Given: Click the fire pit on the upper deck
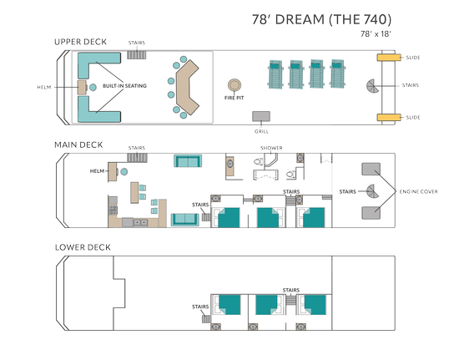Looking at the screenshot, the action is click(x=235, y=85).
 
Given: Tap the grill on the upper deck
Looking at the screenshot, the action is click(x=261, y=116).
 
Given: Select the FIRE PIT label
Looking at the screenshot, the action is click(x=235, y=98).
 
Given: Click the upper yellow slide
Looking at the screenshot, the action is click(x=389, y=58).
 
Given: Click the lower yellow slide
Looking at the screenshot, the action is click(x=389, y=118).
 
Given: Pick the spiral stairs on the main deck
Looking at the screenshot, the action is click(x=373, y=191).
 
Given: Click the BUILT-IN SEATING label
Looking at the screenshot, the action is click(x=124, y=86).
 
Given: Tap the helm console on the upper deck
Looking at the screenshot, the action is click(x=82, y=88).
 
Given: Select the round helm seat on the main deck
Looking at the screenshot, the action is click(x=124, y=172).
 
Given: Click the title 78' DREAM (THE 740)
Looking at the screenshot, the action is click(x=321, y=19).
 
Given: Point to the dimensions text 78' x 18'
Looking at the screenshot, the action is click(x=376, y=34).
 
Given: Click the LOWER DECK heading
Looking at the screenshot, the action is click(x=83, y=247).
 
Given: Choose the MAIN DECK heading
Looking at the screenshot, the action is click(x=78, y=145).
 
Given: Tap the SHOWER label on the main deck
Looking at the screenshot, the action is click(x=271, y=148).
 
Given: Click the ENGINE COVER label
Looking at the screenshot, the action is click(x=419, y=191).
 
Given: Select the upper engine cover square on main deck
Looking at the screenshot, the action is click(x=371, y=169).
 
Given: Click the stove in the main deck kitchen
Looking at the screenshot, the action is click(x=113, y=210).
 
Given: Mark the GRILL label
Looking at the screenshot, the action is click(x=261, y=131).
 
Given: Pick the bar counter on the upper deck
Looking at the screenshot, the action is click(x=186, y=88).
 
